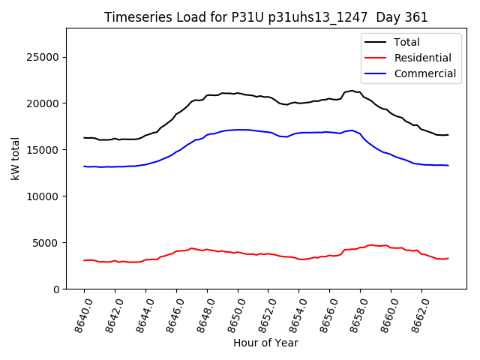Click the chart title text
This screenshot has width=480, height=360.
[x=265, y=17]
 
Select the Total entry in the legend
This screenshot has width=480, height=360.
[x=406, y=42]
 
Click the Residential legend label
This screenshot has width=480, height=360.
[x=423, y=58]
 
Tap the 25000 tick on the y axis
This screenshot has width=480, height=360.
[x=43, y=57]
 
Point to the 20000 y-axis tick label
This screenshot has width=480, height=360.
[x=43, y=103]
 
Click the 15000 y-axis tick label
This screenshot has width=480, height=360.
[x=43, y=150]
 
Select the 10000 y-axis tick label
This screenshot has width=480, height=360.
[x=43, y=196]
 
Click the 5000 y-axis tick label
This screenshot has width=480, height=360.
[x=46, y=243]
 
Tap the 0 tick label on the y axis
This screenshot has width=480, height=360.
[x=57, y=289]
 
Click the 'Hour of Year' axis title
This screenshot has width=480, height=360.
[x=265, y=343]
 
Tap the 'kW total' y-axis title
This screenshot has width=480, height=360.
[x=15, y=159]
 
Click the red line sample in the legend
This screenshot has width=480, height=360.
[x=376, y=58]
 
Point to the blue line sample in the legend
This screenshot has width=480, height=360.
[x=376, y=73]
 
